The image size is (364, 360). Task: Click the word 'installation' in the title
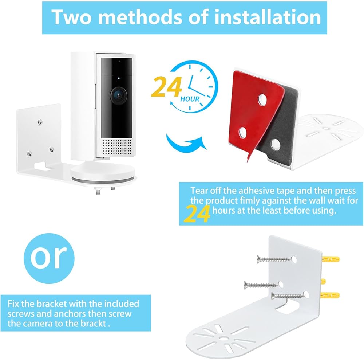(x=268, y=17)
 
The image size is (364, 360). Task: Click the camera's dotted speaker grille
(x=116, y=146)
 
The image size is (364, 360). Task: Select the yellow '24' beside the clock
(x=166, y=87)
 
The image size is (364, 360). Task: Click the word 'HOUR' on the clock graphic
(x=190, y=99)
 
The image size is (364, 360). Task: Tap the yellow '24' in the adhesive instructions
(x=197, y=214)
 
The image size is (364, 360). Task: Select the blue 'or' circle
(x=49, y=258)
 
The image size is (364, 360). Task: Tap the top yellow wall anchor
(x=331, y=259)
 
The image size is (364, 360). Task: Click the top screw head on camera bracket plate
(x=40, y=122)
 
